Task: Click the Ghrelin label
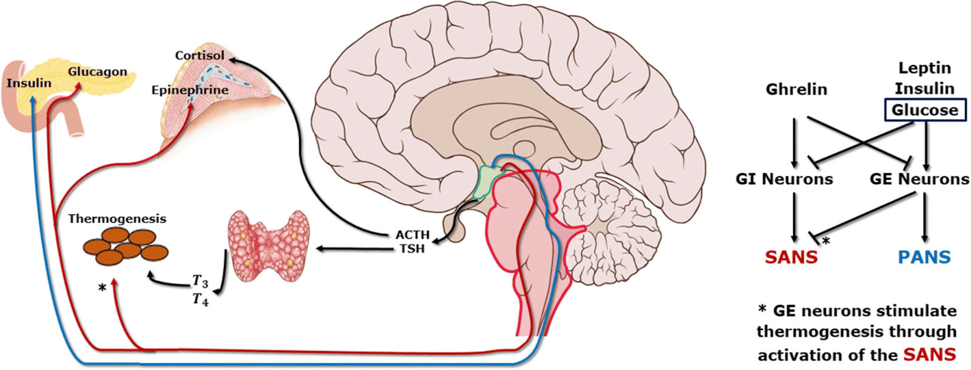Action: pos(796,89)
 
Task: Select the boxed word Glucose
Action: pos(925,110)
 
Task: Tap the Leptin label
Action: pos(925,67)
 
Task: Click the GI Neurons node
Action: pos(784,179)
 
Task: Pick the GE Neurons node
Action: pos(919,179)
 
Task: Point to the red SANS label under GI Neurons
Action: pos(791,257)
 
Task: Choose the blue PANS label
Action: pos(924,257)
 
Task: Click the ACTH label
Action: pos(413,235)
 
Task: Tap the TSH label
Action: pos(412,248)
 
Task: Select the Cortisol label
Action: pos(200,55)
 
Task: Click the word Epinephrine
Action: pos(190,90)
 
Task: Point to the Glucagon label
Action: pos(98,72)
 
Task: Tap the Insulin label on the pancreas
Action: pos(29,83)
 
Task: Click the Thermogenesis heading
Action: pos(117,219)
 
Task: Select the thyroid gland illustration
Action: pos(268,245)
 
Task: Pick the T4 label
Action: pos(200,299)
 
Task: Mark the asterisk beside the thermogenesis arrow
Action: pos(102,287)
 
